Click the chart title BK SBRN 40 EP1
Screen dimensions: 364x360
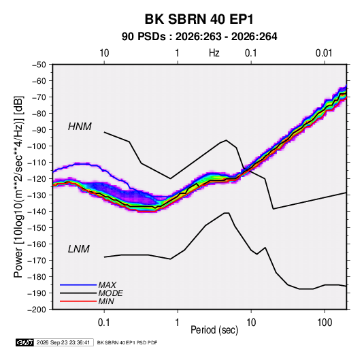click(199, 19)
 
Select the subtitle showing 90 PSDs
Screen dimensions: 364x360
click(199, 37)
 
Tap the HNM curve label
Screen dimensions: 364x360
click(80, 127)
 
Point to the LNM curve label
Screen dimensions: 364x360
click(79, 249)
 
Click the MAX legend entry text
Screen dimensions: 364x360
click(107, 285)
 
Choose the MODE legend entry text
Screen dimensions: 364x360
click(110, 293)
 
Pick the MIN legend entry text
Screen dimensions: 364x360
click(106, 301)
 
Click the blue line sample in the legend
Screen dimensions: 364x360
click(78, 284)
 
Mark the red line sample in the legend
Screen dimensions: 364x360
click(78, 301)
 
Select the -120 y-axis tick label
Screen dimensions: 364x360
click(37, 179)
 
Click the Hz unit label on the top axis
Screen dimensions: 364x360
click(214, 53)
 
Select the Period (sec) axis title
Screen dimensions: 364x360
click(214, 330)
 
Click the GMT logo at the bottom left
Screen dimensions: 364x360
click(25, 342)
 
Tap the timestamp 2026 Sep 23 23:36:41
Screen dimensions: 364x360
click(63, 342)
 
